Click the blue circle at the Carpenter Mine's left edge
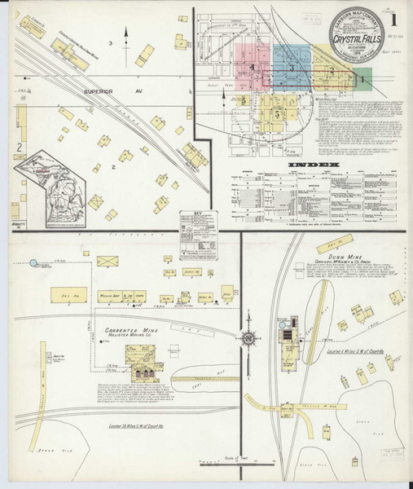pyautogui.click(x=34, y=262)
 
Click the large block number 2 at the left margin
pyautogui.click(x=18, y=148)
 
